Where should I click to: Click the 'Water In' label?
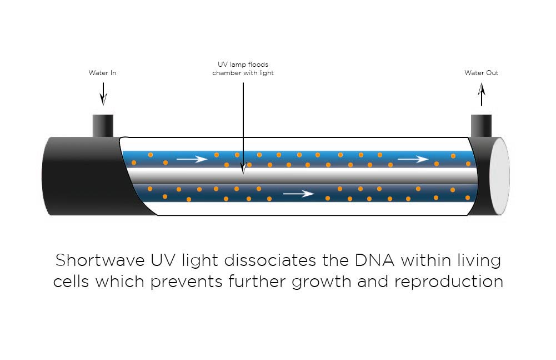102,73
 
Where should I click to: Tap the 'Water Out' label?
481,73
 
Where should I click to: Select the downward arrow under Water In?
103,94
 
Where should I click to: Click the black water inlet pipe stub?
103,125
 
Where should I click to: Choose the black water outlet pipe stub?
481,125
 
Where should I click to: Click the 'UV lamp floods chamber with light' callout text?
243,69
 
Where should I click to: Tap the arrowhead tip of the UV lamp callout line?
243,171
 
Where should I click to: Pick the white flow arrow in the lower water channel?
298,194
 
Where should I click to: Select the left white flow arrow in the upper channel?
192,160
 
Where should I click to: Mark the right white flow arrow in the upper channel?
413,159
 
